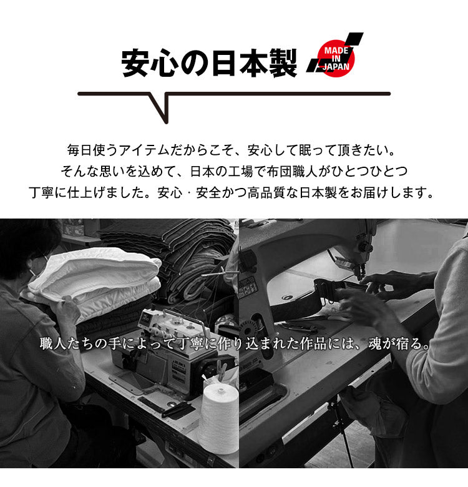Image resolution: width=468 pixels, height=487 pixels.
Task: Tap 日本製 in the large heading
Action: point(253,64)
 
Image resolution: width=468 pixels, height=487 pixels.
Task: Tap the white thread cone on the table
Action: point(218,418)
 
